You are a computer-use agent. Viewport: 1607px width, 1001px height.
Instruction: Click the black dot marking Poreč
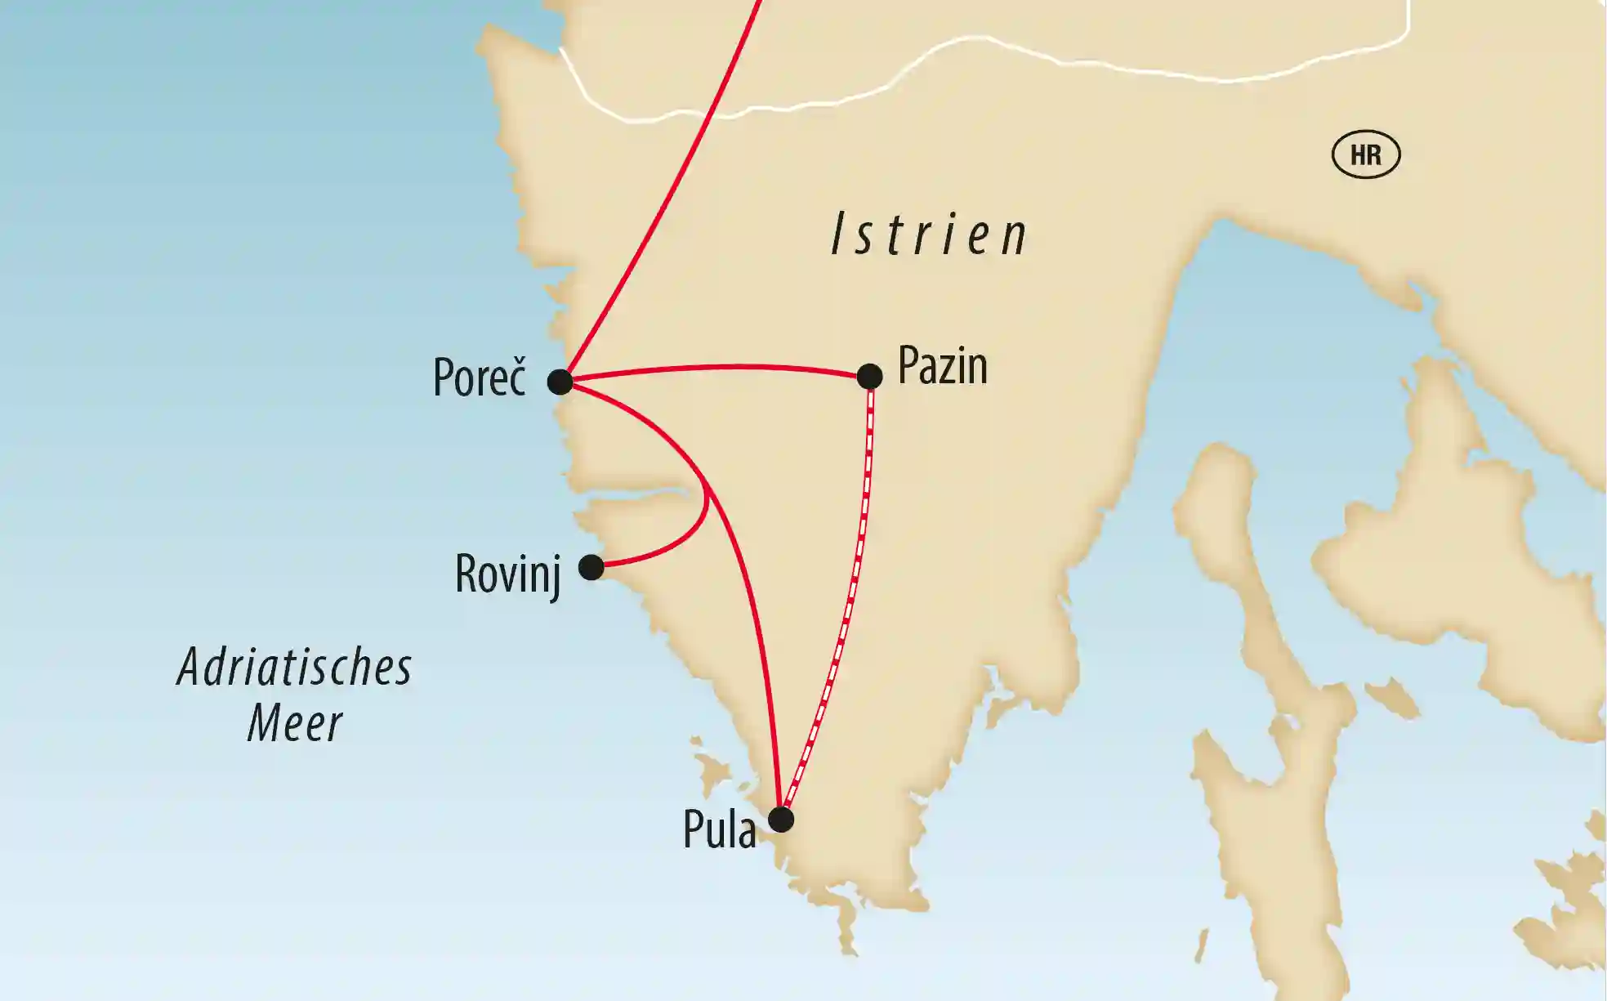pos(560,382)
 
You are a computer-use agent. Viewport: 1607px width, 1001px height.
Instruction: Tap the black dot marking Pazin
pos(870,377)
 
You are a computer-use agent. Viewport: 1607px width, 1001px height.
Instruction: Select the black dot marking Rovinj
pos(591,567)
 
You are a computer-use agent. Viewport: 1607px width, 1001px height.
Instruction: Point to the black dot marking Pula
pos(782,819)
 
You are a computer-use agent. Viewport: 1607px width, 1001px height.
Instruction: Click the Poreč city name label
pos(480,378)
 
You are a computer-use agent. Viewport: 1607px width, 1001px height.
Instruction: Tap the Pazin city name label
pos(943,366)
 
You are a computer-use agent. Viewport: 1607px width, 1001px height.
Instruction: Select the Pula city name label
pos(720,830)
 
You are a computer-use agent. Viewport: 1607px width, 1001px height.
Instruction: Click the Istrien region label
pos(930,235)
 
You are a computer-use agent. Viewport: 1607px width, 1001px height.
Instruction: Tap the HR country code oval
pos(1366,154)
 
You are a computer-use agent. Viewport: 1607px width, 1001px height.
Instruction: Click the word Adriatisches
pos(295,668)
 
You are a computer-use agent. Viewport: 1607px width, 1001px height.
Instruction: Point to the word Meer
pos(295,724)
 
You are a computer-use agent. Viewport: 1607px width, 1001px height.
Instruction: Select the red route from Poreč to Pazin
pos(719,369)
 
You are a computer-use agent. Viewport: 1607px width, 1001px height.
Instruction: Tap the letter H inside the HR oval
pos(1357,154)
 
